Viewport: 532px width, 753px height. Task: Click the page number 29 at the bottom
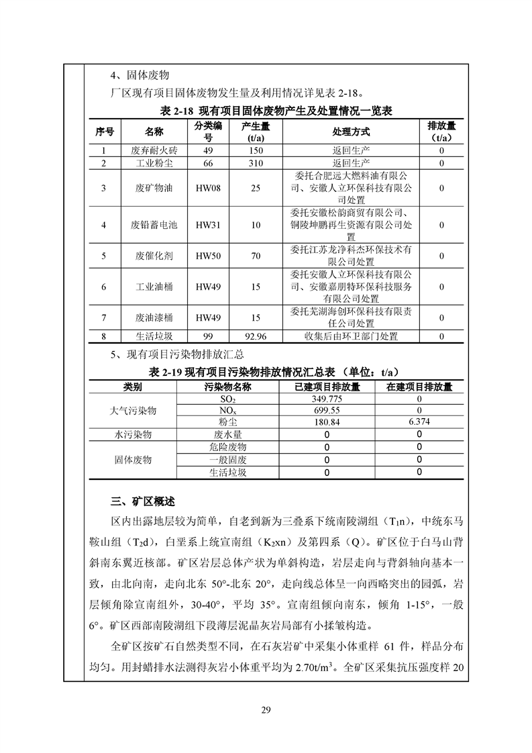pyautogui.click(x=266, y=712)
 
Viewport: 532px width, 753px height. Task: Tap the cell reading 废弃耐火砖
pyautogui.click(x=154, y=151)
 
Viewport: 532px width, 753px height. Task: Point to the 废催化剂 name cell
pyautogui.click(x=154, y=256)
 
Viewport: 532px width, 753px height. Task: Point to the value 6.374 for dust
pyautogui.click(x=419, y=421)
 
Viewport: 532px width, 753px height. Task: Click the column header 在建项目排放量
pyautogui.click(x=419, y=387)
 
